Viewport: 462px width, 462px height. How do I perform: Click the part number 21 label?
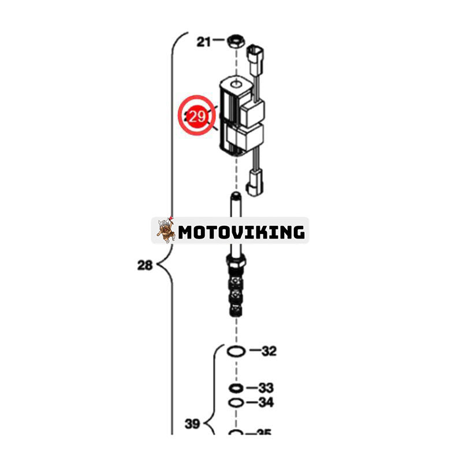coord(204,41)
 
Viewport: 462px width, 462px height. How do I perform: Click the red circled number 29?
coord(198,116)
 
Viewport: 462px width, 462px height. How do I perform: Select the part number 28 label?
coord(145,266)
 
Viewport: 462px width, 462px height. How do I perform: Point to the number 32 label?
coord(269,351)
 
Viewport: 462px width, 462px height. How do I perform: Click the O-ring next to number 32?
coord(236,351)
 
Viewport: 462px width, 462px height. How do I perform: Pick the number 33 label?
coord(265,388)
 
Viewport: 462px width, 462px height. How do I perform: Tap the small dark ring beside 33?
coord(235,388)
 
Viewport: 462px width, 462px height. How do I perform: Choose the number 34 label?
coord(265,403)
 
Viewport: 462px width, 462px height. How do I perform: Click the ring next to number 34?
coord(235,403)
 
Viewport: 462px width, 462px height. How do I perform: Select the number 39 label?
coord(192,424)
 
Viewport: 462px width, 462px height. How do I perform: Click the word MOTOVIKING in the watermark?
coord(241,232)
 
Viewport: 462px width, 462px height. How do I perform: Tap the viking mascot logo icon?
coord(166,230)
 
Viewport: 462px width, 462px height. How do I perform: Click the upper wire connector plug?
coord(254,56)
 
